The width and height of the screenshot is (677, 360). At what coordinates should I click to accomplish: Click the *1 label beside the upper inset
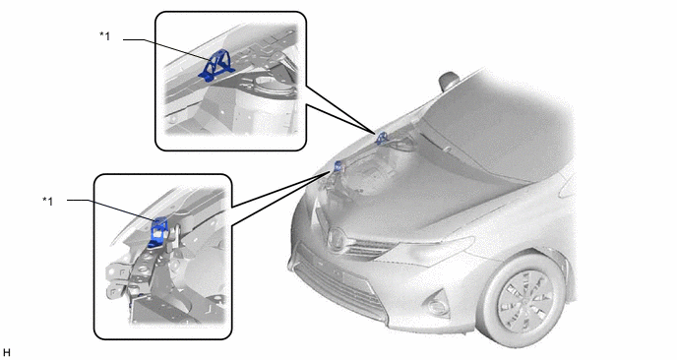coord(105,36)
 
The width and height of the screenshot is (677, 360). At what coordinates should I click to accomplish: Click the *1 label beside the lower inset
coord(48,201)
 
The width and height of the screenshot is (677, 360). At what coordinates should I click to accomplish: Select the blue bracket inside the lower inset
coord(158,232)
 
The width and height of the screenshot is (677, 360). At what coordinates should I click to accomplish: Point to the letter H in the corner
coord(6,353)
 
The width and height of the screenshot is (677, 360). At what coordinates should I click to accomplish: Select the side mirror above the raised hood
coord(449,81)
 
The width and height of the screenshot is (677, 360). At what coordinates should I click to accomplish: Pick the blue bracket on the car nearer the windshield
coord(382,139)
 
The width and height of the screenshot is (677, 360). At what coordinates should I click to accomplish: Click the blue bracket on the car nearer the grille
coord(338,166)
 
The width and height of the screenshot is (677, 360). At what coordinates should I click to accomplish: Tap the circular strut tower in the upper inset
coord(274,85)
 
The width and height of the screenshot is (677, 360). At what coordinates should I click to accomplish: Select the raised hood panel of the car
coord(497,125)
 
